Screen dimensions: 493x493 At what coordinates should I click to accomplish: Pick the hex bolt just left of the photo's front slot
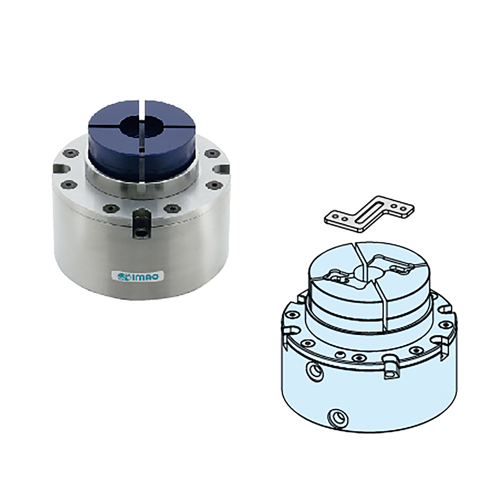pos(110,208)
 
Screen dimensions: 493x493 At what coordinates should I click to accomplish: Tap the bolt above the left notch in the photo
pos(71,153)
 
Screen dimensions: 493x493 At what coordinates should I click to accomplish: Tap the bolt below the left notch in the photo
pos(69,185)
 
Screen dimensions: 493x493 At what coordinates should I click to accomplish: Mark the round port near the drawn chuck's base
pos(337,418)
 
